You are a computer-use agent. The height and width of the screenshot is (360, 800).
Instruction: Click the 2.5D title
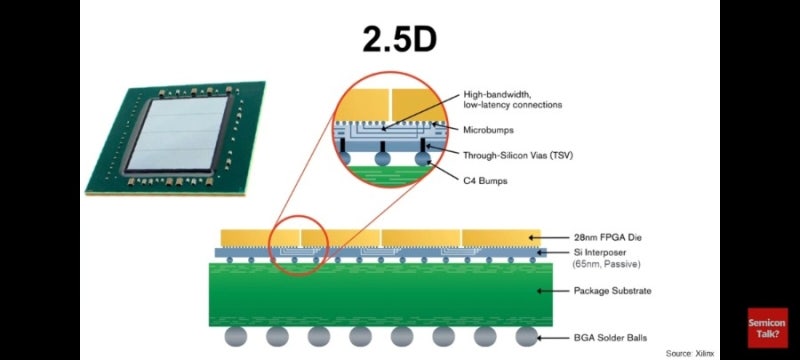398,41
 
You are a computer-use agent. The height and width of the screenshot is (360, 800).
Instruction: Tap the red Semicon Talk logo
767,325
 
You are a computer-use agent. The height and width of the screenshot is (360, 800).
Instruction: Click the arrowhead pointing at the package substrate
539,291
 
